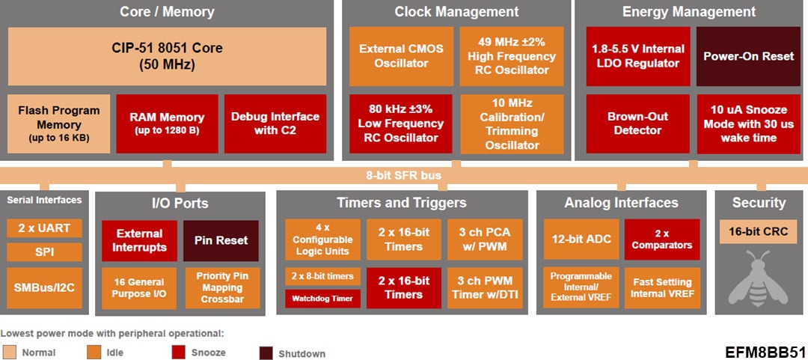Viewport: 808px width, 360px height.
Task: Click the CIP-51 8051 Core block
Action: point(168,56)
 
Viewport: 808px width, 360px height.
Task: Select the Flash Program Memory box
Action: point(59,123)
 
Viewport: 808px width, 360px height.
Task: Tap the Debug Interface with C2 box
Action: point(275,123)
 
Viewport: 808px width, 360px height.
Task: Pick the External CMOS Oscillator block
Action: point(401,56)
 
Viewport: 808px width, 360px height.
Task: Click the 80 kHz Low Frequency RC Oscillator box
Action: point(401,123)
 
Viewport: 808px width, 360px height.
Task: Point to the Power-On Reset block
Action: point(737,56)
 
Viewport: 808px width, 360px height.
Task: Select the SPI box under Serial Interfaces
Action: point(44,252)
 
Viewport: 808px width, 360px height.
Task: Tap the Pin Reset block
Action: point(221,240)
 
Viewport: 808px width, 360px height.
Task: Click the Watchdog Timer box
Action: point(323,299)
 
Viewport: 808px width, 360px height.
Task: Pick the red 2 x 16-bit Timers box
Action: point(404,288)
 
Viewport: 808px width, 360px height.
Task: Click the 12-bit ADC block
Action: point(581,240)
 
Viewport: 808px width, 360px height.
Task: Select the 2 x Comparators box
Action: point(662,240)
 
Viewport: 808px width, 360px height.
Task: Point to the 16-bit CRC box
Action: point(758,231)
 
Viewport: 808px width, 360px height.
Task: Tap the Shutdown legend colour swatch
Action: point(266,353)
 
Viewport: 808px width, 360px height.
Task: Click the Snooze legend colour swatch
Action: point(179,352)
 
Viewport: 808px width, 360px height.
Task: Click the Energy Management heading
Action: point(688,12)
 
